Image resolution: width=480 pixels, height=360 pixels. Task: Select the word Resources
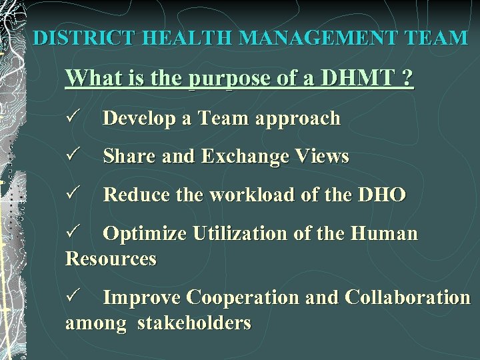(x=111, y=259)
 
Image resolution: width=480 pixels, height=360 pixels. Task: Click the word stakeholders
(x=194, y=323)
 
